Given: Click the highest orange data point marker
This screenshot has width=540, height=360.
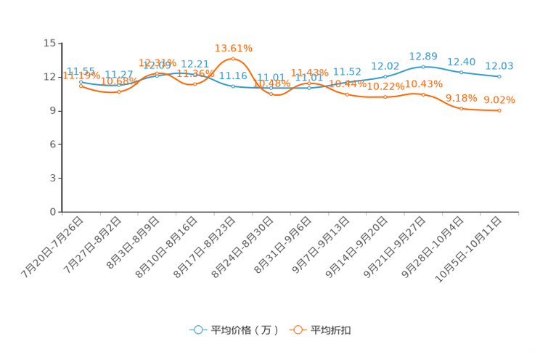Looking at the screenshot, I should click(x=233, y=58).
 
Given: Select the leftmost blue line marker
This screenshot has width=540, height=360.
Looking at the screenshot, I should click(x=81, y=83).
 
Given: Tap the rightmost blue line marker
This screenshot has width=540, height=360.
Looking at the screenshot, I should click(x=499, y=76).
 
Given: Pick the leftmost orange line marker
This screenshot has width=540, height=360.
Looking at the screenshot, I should click(x=81, y=86).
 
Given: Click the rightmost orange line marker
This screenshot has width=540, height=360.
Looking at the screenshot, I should click(x=499, y=110).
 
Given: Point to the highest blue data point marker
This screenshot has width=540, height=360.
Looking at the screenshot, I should click(x=423, y=67).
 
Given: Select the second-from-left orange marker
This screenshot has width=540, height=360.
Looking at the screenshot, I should click(x=119, y=92).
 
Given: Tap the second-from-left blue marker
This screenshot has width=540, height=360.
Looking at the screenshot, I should click(x=119, y=85).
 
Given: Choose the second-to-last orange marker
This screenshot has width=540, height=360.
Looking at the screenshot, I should click(x=462, y=109).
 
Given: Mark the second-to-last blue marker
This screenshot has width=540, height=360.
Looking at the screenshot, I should click(x=462, y=72).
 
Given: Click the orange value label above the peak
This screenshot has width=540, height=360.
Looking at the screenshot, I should click(x=234, y=48).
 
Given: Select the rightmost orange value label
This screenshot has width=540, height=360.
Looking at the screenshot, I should click(x=499, y=100).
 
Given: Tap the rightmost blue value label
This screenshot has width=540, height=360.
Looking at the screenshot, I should click(x=499, y=66).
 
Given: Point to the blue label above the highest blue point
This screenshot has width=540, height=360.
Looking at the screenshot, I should click(x=423, y=56).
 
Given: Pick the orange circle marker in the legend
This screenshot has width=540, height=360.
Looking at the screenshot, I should click(x=298, y=330).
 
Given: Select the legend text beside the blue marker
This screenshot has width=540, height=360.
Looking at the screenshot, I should click(x=245, y=330).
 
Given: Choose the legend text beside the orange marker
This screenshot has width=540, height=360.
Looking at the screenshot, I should click(x=332, y=330).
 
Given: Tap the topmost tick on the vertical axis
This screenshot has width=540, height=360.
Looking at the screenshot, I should click(x=60, y=43).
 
